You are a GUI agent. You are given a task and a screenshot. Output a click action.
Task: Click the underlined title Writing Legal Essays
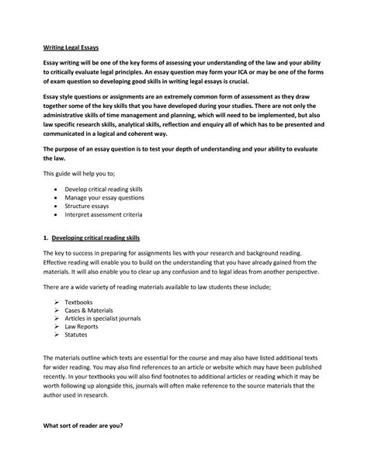71,48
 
